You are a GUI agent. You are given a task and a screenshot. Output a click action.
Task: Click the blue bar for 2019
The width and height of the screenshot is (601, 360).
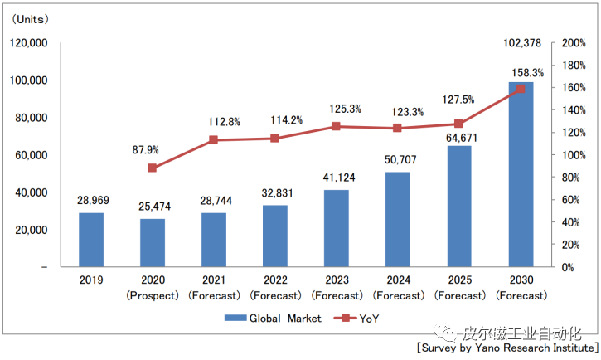pos(91,240)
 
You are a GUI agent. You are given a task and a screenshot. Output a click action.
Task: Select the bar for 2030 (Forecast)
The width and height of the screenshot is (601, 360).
pos(521,174)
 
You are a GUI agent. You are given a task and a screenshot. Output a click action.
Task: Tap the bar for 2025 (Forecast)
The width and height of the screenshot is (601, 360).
pos(459,207)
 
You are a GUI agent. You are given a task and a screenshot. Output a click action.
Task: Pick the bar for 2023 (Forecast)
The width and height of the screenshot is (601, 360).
pos(336,228)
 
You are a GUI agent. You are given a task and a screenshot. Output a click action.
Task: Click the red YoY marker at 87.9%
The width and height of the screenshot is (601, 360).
pos(153,168)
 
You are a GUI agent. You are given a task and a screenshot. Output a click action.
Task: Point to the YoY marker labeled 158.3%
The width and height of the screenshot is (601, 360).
pos(521,89)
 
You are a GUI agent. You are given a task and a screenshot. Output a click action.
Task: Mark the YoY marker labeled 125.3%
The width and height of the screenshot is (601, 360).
pos(336,126)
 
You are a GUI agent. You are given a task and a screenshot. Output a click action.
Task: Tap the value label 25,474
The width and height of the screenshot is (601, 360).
pos(153,206)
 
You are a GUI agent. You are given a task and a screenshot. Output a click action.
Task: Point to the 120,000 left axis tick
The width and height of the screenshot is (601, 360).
pos(29,43)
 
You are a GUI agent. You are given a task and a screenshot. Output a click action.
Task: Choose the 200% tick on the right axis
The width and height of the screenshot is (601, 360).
pos(574,43)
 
